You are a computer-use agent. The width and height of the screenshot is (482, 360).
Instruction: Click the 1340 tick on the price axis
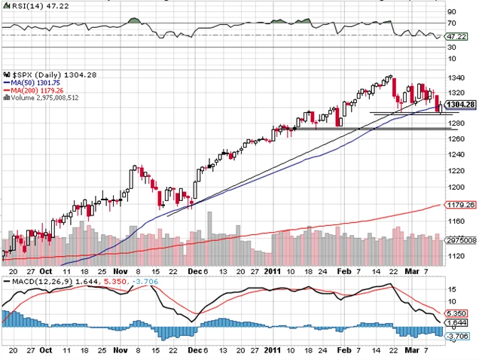coord(454,78)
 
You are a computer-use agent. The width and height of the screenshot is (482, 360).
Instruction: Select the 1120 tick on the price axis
coord(454,255)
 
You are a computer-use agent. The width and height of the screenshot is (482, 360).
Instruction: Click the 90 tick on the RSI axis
coord(451,13)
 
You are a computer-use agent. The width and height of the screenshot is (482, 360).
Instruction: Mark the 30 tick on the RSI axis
coord(451,47)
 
